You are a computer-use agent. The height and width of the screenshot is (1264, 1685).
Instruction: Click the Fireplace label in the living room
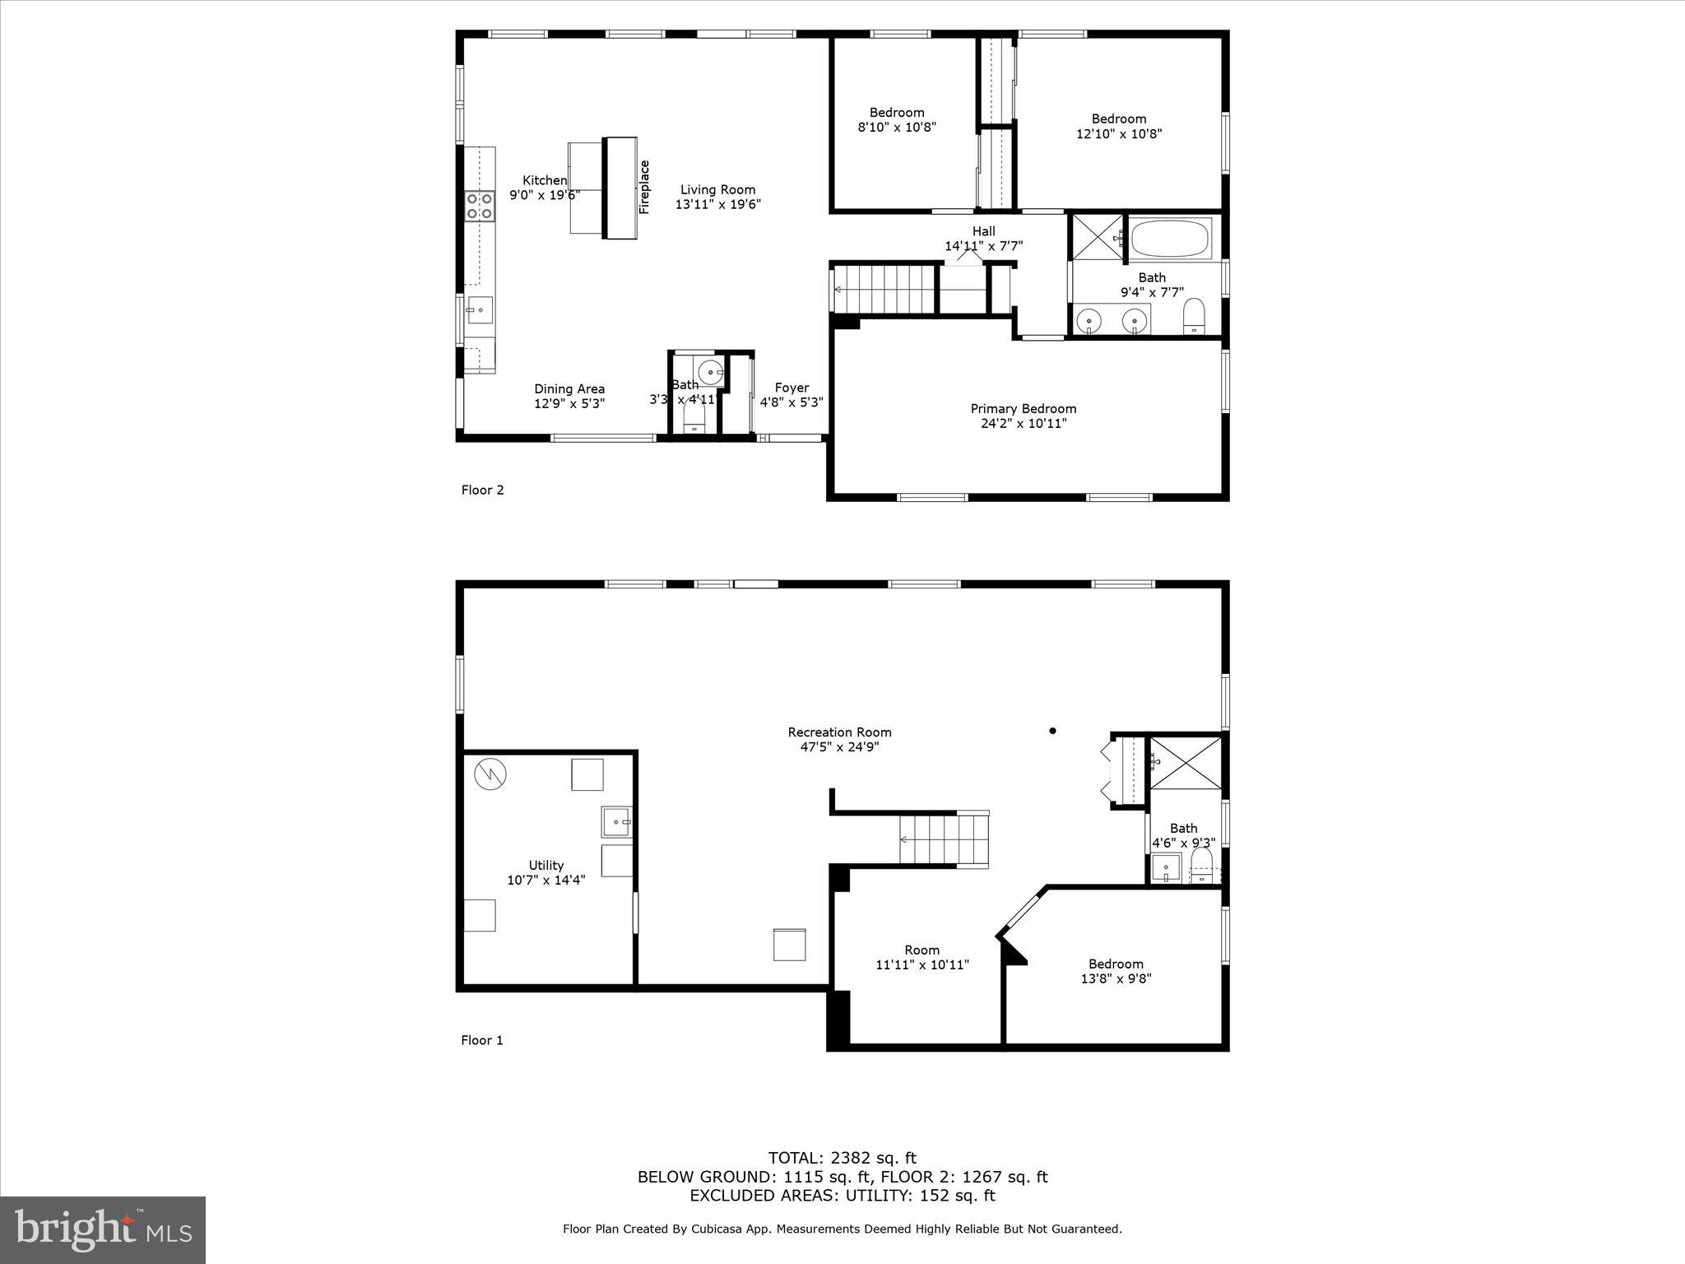644,187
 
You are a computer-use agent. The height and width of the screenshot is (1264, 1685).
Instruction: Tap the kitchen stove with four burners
479,206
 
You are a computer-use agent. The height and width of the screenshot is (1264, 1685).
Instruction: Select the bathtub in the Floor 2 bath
1170,239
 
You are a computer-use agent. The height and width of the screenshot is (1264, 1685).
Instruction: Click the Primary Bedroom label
1023,409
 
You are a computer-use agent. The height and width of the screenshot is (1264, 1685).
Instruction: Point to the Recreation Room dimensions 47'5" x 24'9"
839,747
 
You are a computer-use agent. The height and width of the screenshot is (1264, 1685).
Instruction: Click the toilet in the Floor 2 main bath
1194,317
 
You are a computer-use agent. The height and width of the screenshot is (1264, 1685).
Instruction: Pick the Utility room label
545,865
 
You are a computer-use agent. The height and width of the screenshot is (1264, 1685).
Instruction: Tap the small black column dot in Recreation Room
1052,731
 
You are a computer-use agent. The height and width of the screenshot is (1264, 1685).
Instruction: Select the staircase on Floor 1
943,839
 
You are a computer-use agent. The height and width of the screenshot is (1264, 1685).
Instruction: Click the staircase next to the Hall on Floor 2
884,289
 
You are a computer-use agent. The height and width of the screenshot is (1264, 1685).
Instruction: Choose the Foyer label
791,388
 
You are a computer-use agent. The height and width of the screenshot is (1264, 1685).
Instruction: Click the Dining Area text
569,389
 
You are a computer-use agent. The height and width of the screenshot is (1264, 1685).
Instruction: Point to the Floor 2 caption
482,490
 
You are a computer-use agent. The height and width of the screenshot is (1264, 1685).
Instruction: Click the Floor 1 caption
481,1040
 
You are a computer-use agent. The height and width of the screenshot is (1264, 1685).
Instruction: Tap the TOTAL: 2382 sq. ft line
842,1158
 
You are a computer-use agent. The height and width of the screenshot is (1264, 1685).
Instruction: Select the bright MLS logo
103,1229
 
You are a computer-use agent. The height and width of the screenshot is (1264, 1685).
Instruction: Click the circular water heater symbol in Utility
490,774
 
